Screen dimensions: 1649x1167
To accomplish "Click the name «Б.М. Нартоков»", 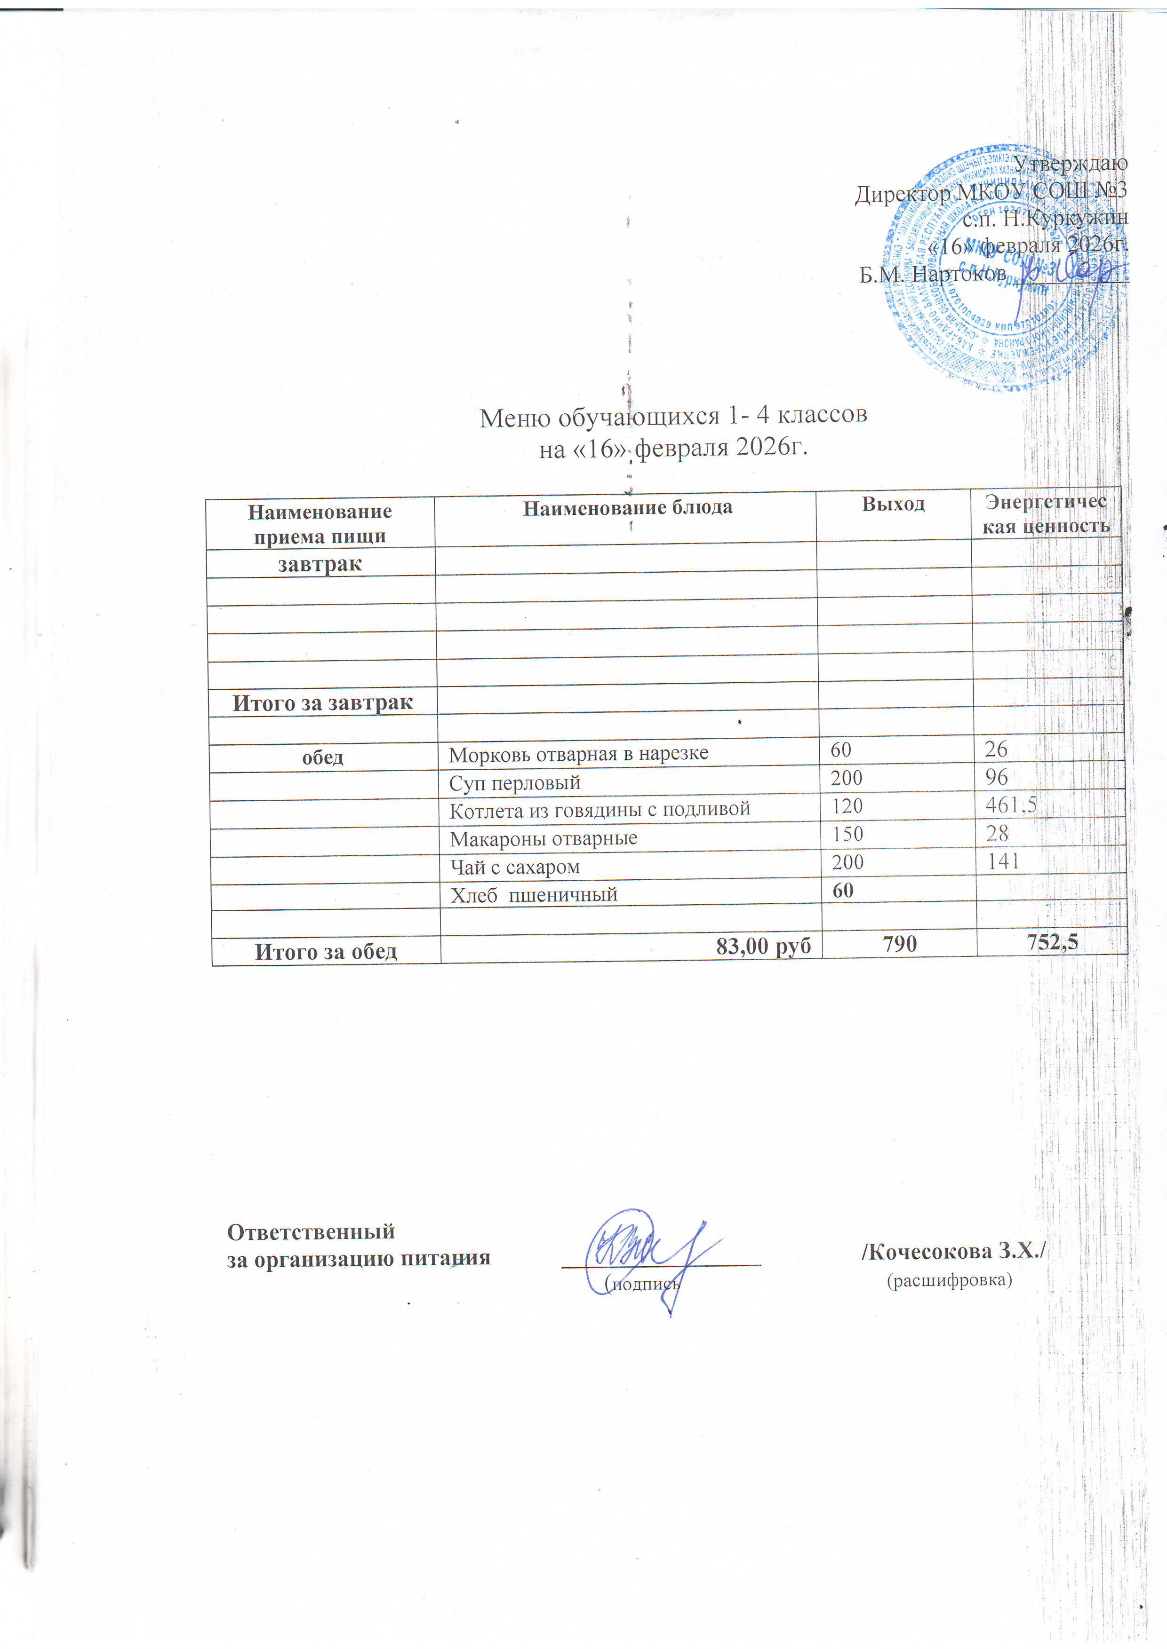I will [x=932, y=274].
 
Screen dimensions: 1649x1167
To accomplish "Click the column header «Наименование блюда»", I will [x=627, y=508].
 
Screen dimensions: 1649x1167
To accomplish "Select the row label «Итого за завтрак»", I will [x=323, y=703].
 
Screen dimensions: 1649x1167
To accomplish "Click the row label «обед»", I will [x=323, y=757].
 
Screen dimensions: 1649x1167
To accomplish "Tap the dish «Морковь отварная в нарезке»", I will [x=578, y=753].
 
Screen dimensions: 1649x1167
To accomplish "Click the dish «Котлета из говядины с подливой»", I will [x=600, y=809].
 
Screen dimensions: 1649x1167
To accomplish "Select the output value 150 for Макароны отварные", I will [x=848, y=834].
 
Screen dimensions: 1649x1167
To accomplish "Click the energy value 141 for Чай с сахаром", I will [x=1003, y=861].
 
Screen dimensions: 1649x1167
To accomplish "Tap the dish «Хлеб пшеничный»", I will [x=534, y=895].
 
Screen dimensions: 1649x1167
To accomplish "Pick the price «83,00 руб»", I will [x=763, y=947].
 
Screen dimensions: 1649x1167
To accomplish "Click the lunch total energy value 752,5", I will [x=1053, y=942].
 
